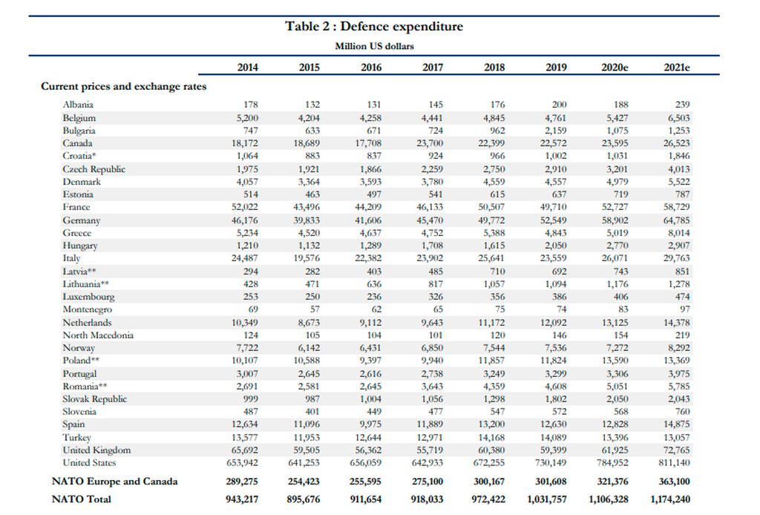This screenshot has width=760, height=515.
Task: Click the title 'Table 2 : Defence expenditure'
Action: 374,26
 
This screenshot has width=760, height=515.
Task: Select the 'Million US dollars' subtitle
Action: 374,47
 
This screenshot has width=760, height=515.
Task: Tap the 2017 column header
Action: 433,68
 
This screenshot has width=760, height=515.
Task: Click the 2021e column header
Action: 677,68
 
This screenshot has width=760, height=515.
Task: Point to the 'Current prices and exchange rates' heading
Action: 124,86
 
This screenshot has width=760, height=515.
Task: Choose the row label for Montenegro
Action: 88,309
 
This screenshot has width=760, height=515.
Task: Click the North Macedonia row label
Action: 98,335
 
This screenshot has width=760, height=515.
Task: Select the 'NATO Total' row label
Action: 82,499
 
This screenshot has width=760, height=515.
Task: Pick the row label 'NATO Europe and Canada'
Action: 115,481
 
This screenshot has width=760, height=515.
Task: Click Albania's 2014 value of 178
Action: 251,105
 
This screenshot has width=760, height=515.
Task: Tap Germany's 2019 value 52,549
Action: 553,220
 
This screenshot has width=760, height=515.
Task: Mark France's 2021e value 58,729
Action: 677,207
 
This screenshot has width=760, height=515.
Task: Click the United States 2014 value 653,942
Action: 243,462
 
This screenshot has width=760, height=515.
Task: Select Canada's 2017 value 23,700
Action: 430,143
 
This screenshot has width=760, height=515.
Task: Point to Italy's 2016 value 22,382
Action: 368,258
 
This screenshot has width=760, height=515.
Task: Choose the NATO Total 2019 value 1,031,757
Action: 547,499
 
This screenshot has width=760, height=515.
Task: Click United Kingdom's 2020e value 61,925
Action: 615,450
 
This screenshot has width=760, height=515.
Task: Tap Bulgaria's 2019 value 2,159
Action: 555,131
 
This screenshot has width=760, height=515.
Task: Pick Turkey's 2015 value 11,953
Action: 307,438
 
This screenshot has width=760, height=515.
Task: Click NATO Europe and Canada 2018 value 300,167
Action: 488,482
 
